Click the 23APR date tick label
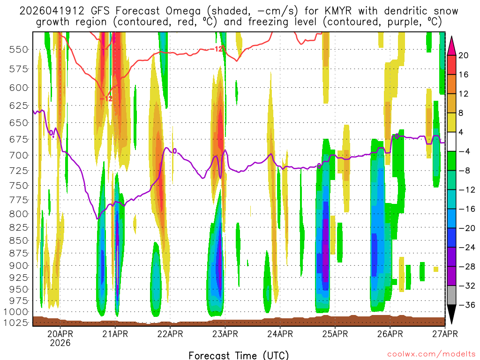pyautogui.click(x=225, y=334)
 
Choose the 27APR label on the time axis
pyautogui.click(x=444, y=334)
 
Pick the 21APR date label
pyautogui.click(x=115, y=334)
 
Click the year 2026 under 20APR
pyautogui.click(x=60, y=343)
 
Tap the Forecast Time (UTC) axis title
pyautogui.click(x=239, y=355)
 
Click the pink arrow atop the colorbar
pyautogui.click(x=452, y=45)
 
